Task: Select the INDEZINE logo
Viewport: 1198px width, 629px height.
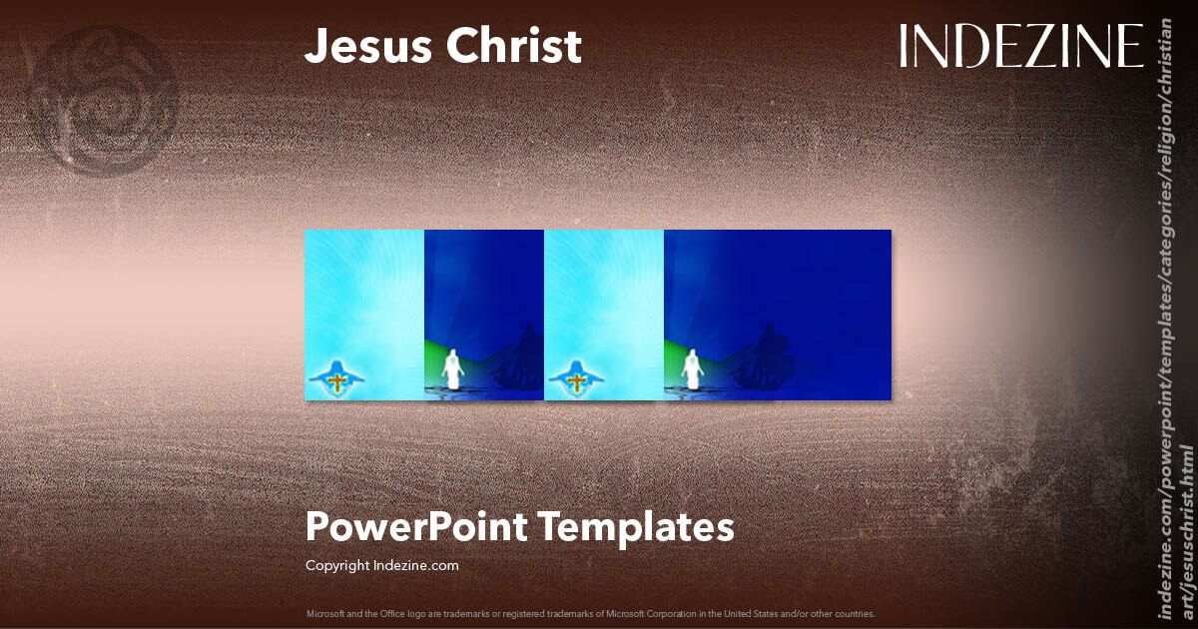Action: [x=1021, y=46]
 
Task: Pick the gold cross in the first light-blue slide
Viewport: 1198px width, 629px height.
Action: [x=337, y=380]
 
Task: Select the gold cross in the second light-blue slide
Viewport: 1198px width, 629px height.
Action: [x=576, y=380]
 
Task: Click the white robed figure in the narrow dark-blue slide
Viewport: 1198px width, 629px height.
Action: [x=452, y=369]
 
